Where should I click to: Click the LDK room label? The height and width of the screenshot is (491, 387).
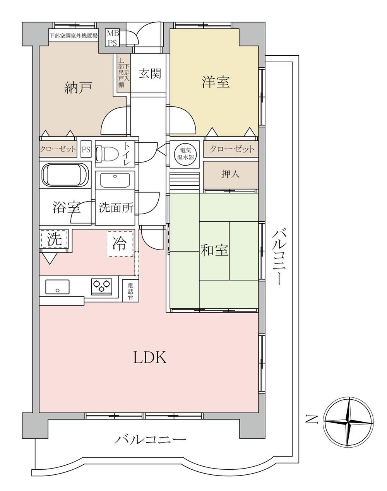coord(150,357)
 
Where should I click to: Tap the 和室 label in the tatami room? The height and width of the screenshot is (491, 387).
coord(214,250)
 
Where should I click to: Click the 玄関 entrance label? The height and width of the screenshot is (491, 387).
coord(150,74)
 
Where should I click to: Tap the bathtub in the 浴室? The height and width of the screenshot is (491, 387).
coord(65,175)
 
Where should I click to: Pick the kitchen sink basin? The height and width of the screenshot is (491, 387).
coord(57,287)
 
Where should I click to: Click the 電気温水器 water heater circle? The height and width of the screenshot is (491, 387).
coord(185,154)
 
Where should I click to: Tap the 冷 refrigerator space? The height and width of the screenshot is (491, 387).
coord(120,244)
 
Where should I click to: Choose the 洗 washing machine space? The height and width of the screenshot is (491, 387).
coord(55,239)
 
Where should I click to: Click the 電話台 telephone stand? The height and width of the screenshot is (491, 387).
coord(130,291)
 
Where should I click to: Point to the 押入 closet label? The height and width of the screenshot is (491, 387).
coord(231,174)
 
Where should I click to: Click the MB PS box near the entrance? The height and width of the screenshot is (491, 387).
coord(113,38)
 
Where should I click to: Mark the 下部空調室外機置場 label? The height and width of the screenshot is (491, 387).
coord(74,36)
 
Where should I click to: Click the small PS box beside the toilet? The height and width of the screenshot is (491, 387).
coord(86,150)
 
